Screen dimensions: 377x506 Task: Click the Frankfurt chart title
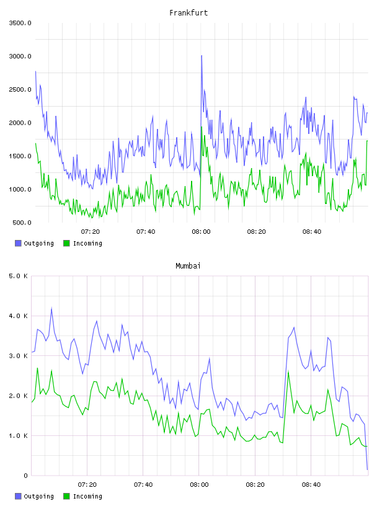tap(188, 13)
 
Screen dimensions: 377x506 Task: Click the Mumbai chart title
tap(188, 266)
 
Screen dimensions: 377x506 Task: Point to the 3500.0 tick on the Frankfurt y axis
tap(20, 23)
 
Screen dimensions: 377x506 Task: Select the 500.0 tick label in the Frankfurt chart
tap(22, 223)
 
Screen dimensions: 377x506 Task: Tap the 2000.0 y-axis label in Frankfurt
tap(20, 123)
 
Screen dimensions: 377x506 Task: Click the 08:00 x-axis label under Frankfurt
tap(201, 232)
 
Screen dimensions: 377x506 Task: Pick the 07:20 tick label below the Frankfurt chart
tap(91, 232)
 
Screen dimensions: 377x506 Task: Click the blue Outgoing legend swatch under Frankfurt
tap(18, 243)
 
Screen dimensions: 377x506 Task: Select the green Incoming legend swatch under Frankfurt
tap(66, 243)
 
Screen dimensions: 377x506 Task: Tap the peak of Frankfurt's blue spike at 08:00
tap(202, 56)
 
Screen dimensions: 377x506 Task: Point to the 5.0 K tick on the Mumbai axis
tap(19, 276)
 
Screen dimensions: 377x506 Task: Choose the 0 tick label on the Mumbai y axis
tap(25, 476)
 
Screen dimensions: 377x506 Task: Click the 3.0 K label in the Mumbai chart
tap(19, 356)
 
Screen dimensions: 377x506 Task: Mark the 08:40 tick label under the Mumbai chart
tap(311, 485)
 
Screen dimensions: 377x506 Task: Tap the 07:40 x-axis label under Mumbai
tap(143, 485)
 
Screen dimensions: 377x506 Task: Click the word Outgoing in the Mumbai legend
tap(38, 496)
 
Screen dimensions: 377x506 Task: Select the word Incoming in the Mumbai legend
tap(87, 496)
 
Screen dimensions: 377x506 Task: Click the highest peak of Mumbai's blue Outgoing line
tap(51, 309)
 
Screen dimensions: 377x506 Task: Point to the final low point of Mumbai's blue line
tap(367, 469)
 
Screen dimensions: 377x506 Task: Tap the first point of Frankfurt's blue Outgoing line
tap(35, 71)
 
